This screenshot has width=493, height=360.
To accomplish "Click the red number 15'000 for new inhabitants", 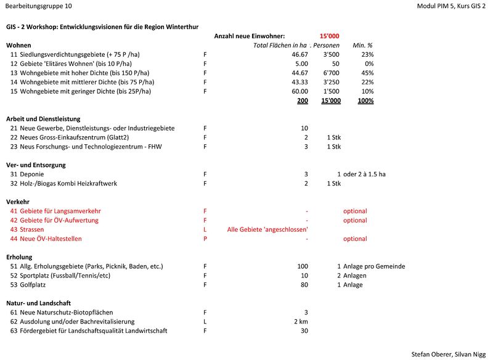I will [x=329, y=36].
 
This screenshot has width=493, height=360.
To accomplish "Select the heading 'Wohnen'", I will [x=18, y=46].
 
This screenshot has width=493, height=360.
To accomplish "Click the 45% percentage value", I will [x=368, y=73].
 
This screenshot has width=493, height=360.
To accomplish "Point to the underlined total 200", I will [x=303, y=100].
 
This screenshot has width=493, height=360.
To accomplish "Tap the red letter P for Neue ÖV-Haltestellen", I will [x=205, y=239].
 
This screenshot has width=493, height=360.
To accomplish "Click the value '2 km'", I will [x=301, y=322].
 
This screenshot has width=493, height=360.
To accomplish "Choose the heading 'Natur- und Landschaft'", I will [x=38, y=303].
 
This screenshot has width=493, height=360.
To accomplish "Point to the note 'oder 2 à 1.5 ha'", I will [x=365, y=174].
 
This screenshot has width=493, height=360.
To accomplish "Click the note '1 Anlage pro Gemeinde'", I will [x=371, y=266].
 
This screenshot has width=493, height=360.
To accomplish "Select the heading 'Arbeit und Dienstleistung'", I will [x=43, y=119].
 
